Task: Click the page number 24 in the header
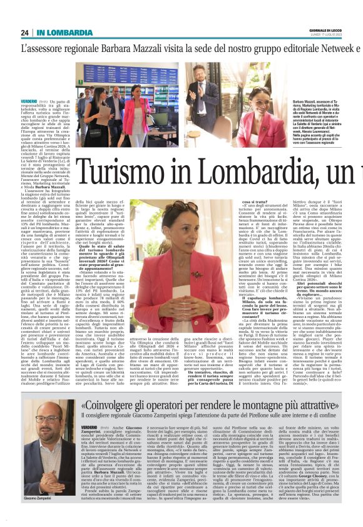coord(25,33)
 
